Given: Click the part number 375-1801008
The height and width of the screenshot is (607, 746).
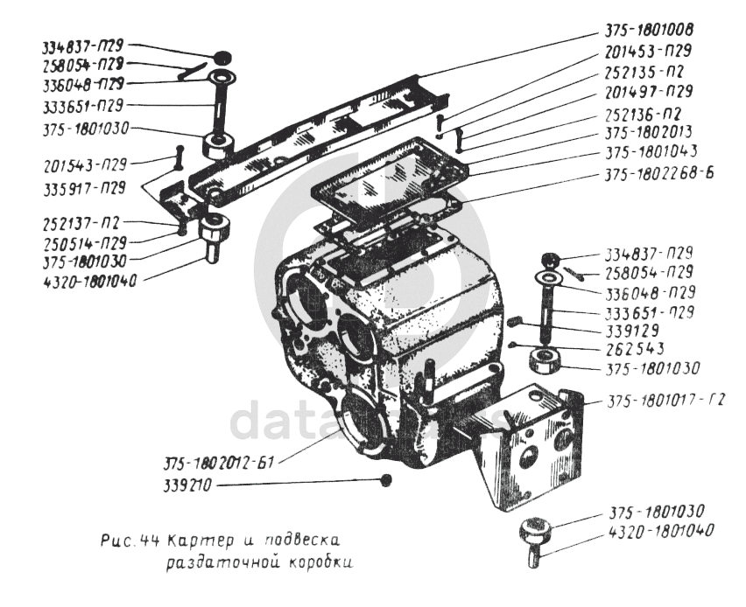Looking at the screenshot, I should tap(649, 29).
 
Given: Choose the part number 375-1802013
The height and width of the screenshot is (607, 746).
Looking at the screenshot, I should tap(649, 133).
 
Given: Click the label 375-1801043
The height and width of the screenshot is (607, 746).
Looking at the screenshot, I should tap(649, 152).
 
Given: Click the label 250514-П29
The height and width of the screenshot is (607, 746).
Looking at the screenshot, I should tap(83, 242).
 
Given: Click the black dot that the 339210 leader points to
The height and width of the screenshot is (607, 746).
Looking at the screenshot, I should tap(385, 480).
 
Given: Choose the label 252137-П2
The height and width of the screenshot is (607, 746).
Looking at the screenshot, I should tap(80, 224).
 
